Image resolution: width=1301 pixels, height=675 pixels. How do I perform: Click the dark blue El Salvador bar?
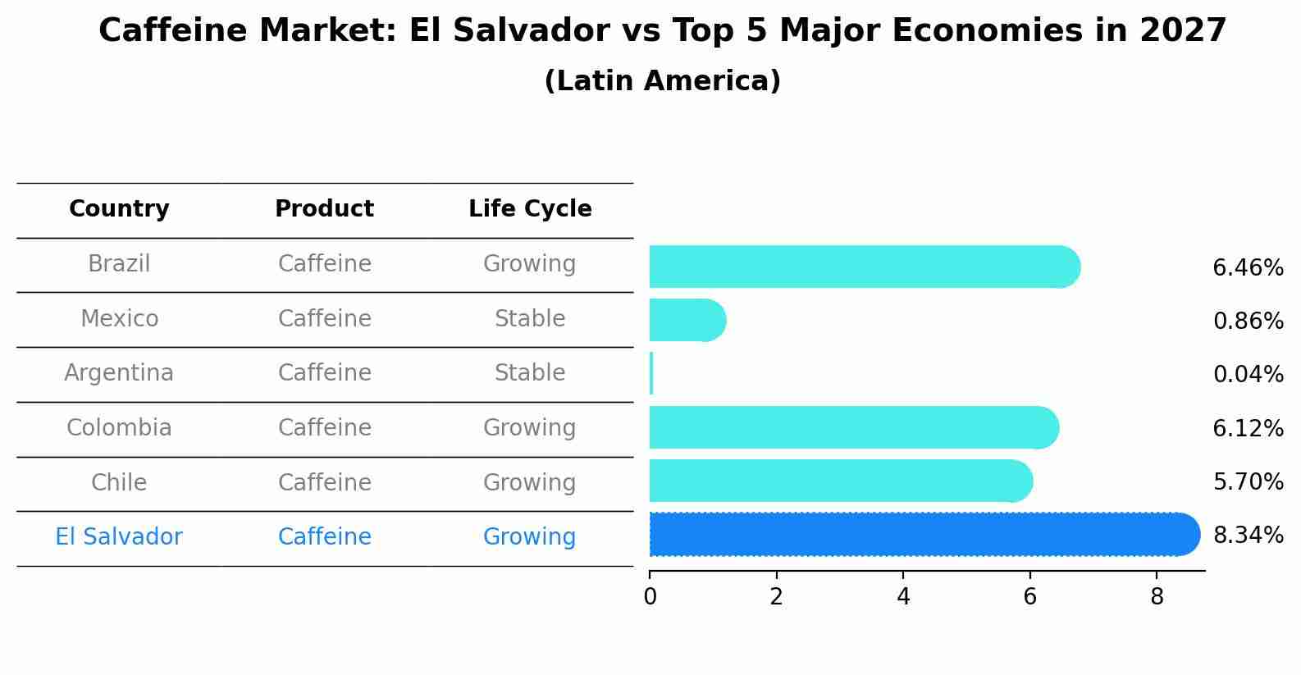[923, 535]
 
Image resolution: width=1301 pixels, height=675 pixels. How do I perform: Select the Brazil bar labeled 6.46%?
[864, 267]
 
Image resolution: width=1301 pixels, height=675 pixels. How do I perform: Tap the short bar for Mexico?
[687, 320]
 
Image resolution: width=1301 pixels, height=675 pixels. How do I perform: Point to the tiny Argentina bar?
[651, 374]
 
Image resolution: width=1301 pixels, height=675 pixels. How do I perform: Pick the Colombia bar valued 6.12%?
[853, 427]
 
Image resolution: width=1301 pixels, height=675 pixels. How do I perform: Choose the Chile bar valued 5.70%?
[840, 481]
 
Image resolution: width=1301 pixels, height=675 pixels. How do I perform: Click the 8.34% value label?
[1248, 536]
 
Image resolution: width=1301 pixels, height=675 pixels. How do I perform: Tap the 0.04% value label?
[1248, 375]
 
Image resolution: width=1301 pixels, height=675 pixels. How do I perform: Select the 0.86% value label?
[1248, 322]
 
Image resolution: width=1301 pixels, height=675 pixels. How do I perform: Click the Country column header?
[119, 209]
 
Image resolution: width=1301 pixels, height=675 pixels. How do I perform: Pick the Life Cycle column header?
[530, 209]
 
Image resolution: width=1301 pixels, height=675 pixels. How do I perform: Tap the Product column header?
[324, 209]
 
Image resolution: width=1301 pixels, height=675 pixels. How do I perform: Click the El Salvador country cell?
[119, 537]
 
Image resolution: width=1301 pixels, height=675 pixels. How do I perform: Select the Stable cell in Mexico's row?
[530, 319]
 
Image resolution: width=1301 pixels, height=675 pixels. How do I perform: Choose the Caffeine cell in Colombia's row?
[324, 428]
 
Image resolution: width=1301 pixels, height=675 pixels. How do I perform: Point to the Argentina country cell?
[119, 373]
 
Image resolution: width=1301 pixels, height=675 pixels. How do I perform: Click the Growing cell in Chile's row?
[530, 483]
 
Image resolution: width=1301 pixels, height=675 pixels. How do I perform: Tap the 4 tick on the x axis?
[903, 597]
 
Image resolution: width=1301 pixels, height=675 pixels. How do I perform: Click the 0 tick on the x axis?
[650, 597]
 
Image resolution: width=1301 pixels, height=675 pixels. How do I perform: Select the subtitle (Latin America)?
[662, 81]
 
